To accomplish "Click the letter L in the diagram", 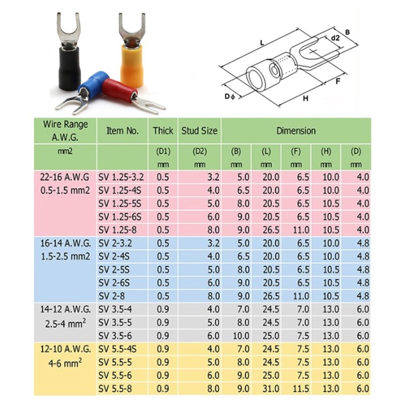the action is tap(262, 43).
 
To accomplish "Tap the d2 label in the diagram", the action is tap(335, 38).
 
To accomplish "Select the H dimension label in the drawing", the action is tap(306, 98).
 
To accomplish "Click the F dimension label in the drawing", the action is tap(338, 81).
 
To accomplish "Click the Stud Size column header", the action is tap(199, 131).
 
